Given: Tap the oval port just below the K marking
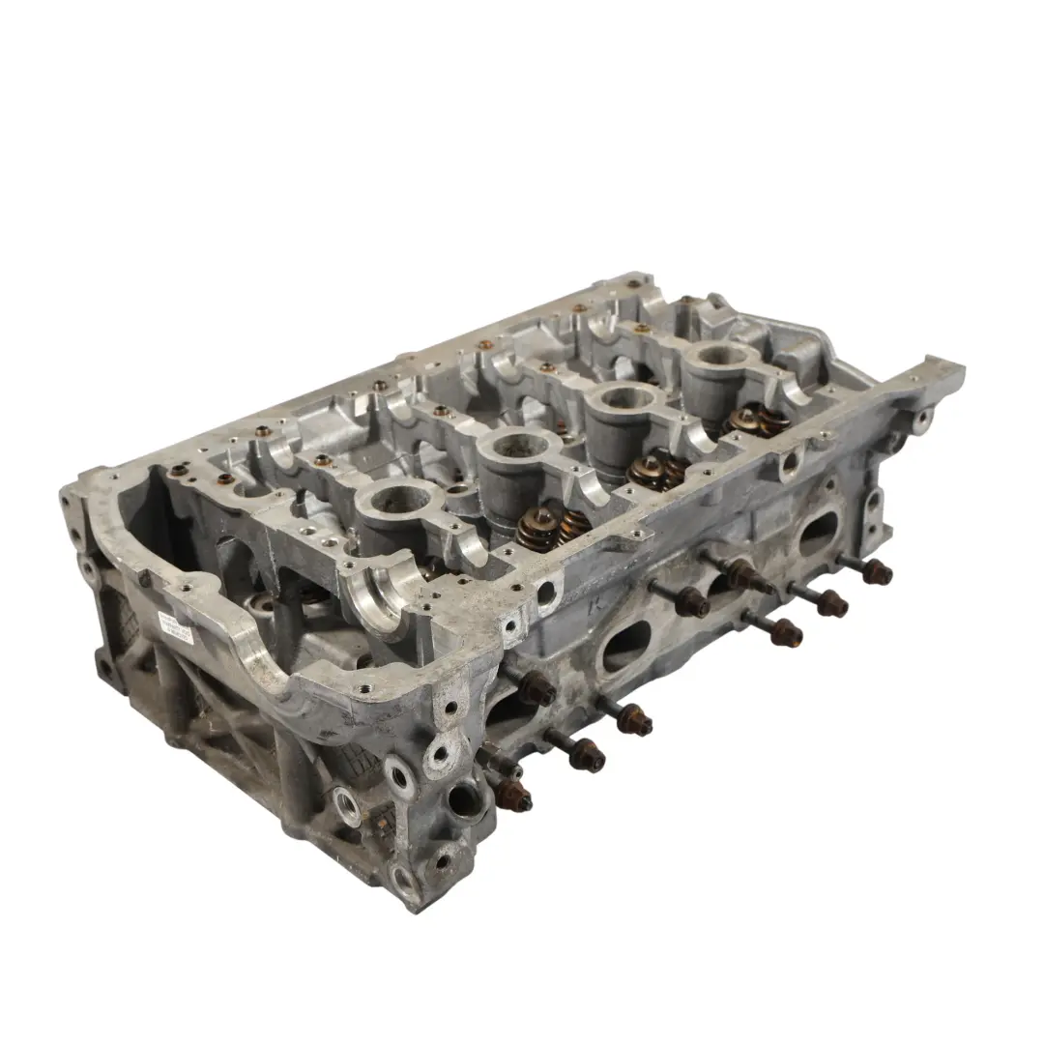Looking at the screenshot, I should point(626,646).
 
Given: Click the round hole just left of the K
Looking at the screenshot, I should point(549,593).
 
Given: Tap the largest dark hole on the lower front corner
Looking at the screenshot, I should point(466,800).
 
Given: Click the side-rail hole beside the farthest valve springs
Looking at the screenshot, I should point(790,462).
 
